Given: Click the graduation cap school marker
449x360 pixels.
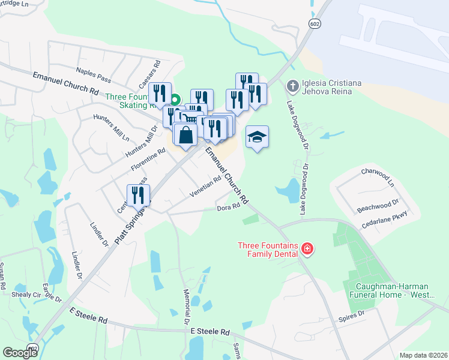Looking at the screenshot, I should [x=257, y=137].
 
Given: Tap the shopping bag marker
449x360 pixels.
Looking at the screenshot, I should [x=186, y=135].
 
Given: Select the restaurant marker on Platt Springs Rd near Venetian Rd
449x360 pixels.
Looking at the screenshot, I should [x=139, y=196].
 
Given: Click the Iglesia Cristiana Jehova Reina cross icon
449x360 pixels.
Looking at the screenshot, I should [x=292, y=86].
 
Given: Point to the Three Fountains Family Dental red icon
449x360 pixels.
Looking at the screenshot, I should [x=307, y=248].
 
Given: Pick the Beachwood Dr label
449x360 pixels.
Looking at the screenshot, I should [x=378, y=206].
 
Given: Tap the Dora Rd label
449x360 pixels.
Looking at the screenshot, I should [x=228, y=207].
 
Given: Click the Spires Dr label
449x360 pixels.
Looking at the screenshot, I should [x=351, y=314].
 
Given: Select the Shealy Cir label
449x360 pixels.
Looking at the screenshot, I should [x=26, y=295].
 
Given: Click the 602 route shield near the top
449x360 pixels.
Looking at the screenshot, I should [x=315, y=23].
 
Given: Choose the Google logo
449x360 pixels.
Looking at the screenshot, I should [x=20, y=353].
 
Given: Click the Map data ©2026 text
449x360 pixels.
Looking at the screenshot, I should [x=423, y=355].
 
